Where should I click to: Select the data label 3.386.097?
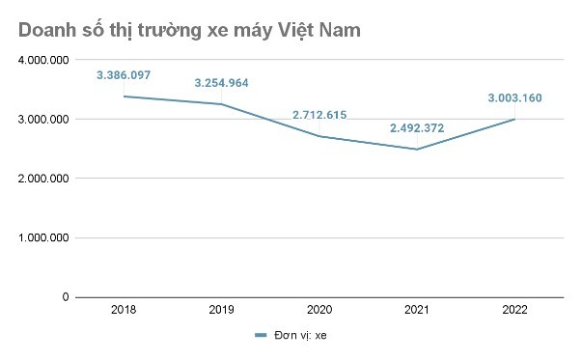click(x=124, y=74)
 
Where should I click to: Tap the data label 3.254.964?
click(x=221, y=83)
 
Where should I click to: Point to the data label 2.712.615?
click(x=319, y=115)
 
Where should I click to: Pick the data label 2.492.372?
click(x=417, y=127)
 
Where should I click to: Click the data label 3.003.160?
click(x=514, y=97)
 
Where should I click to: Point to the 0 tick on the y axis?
click(x=66, y=297)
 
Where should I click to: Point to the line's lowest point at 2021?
click(x=417, y=150)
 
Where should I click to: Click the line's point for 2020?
click(x=319, y=136)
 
